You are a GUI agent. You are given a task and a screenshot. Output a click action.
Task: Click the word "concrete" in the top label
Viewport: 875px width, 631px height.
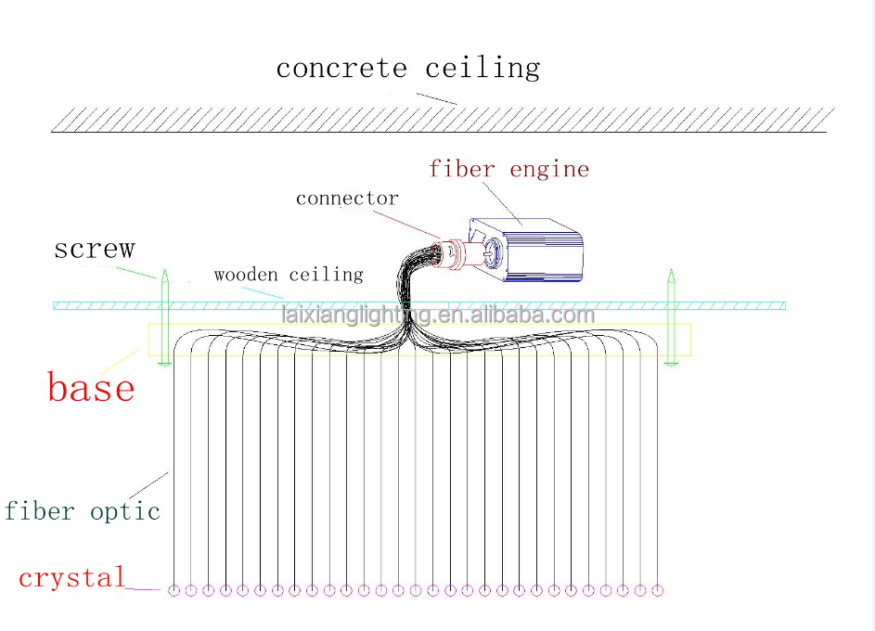tap(341, 68)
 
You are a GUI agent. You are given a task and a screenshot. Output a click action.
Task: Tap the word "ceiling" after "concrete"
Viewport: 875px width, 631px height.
tap(483, 68)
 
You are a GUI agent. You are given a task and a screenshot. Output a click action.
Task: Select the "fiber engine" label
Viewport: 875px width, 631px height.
tap(508, 169)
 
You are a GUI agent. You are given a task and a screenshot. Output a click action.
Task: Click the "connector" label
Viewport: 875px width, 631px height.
tap(347, 199)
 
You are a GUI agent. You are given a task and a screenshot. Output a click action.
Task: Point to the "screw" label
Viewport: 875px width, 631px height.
tap(94, 249)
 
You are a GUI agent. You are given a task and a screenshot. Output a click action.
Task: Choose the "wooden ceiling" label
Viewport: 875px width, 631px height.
tap(288, 274)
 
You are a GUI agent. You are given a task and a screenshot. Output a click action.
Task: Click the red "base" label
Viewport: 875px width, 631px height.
tap(91, 387)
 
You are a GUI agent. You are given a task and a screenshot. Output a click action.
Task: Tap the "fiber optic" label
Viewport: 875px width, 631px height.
tap(82, 511)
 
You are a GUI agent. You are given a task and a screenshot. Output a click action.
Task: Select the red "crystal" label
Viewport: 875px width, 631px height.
tap(71, 578)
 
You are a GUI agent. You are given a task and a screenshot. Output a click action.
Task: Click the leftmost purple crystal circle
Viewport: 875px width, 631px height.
tap(174, 589)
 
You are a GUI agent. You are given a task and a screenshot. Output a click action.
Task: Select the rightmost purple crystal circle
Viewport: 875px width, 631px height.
tap(658, 589)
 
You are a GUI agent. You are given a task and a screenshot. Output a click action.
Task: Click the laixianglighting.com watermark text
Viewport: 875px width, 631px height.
tap(437, 315)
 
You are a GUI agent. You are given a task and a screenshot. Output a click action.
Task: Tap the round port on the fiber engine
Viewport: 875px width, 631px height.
tap(493, 250)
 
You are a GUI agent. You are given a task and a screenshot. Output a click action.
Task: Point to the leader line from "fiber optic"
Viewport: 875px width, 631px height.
tap(148, 484)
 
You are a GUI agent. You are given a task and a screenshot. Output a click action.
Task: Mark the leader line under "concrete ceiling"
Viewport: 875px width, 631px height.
tap(436, 97)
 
